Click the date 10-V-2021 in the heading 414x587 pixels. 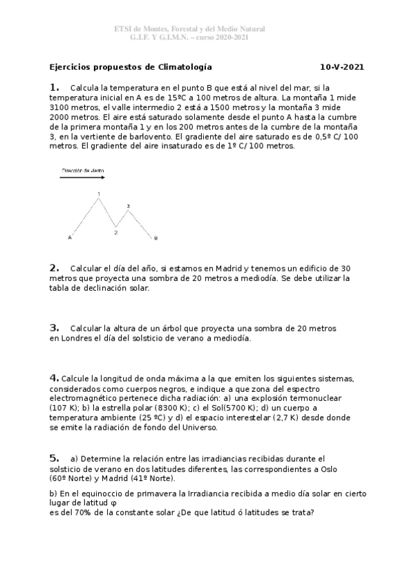342,67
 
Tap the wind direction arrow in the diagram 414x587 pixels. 83,177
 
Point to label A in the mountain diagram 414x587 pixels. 70,238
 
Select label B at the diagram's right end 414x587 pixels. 156,238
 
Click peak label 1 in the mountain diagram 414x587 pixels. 99,193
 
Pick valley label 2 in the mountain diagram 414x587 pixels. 116,233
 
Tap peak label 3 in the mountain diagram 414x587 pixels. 128,206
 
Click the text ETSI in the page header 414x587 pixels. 124,29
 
